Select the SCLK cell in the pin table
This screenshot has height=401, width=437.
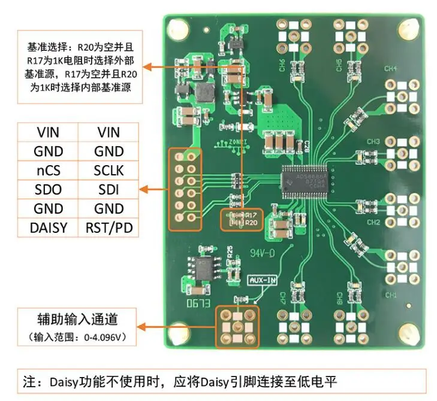[109, 171]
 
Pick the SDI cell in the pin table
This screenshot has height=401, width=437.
[109, 190]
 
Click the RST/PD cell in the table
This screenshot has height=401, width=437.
[109, 228]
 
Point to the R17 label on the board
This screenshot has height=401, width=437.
[251, 214]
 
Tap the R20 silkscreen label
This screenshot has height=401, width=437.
[251, 223]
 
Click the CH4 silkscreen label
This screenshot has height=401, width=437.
[390, 69]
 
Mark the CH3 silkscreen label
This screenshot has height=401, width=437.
[390, 142]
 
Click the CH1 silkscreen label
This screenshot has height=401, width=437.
[391, 295]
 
